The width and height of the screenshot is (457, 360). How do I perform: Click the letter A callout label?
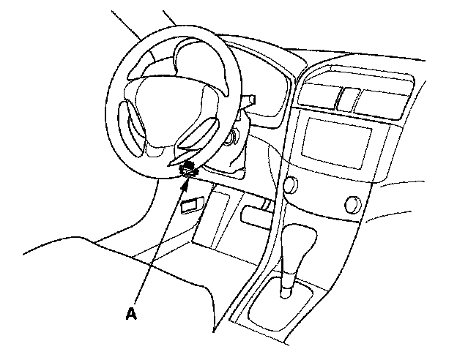click(130, 314)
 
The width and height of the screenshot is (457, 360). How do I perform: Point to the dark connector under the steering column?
click(188, 168)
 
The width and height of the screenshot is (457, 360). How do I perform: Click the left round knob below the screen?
click(289, 186)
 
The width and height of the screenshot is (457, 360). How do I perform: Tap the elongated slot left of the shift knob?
click(257, 215)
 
